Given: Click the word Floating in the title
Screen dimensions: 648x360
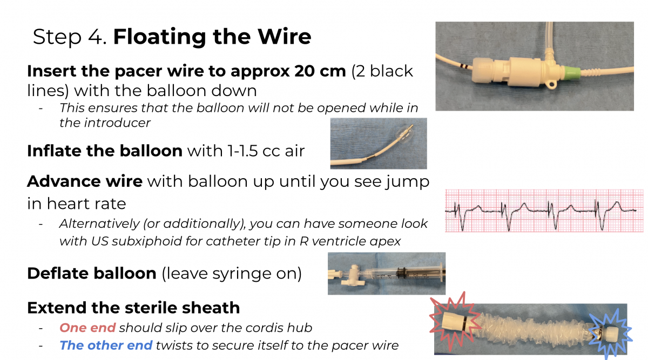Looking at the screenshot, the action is (159, 37).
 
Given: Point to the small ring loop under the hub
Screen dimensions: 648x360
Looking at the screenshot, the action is (551, 84).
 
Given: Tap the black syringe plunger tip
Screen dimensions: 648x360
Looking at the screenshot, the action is (402, 273).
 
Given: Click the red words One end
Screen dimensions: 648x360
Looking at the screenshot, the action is (87, 328).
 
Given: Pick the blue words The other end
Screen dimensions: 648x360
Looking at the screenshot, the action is (106, 345).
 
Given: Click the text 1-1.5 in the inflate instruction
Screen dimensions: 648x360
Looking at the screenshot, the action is (242, 151).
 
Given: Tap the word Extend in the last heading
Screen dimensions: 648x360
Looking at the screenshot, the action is (57, 308).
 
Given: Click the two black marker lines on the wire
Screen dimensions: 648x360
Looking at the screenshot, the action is (464, 66).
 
